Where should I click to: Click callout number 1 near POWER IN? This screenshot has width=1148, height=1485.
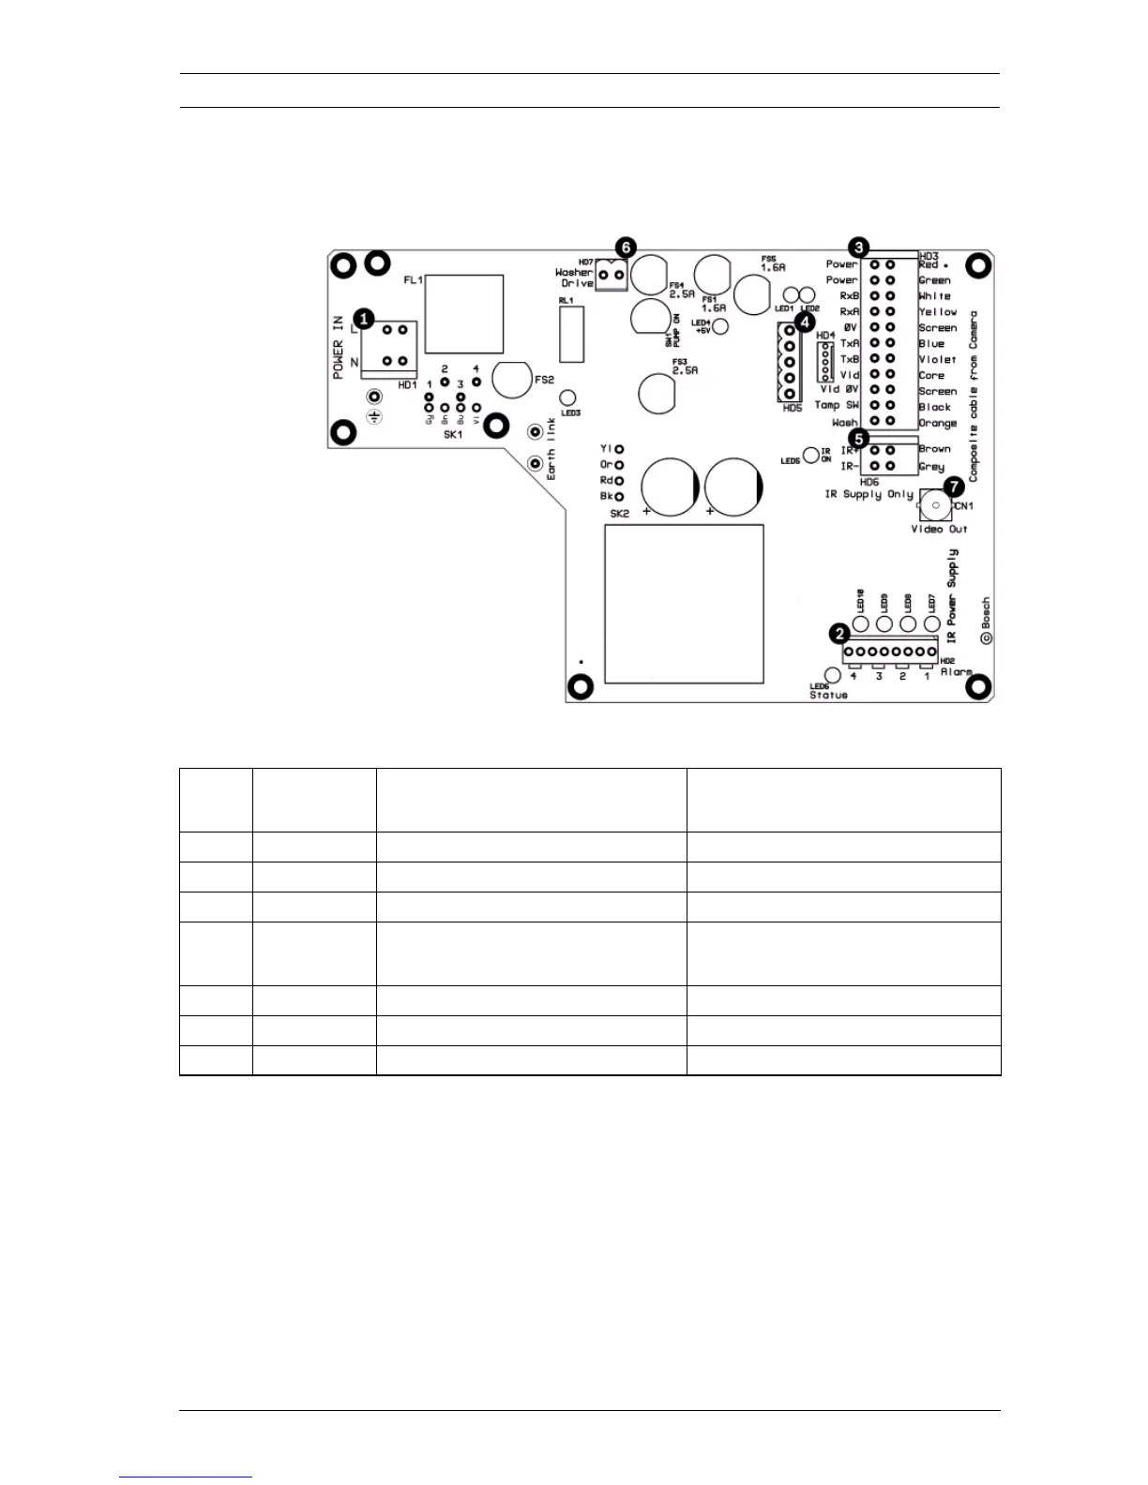coord(364,319)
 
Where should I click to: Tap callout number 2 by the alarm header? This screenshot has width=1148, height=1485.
coord(840,635)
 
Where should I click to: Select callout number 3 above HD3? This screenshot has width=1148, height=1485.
coord(858,248)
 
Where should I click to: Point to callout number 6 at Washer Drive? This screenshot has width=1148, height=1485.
coord(626,249)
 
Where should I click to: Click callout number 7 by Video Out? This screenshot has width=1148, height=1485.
coord(954,487)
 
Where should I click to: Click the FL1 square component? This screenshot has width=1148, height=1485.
coord(464,314)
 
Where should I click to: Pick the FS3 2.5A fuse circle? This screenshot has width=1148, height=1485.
coord(657,394)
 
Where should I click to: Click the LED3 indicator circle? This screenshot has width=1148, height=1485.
coord(567,397)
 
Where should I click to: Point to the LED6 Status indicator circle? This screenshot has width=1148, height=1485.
coord(831,675)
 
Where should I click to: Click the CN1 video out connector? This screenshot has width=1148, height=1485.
coord(934,506)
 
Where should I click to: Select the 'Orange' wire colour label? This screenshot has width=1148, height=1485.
coord(937,423)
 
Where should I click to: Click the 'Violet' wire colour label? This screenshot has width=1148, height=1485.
coord(937,359)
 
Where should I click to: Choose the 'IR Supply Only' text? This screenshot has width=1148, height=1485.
coord(869,494)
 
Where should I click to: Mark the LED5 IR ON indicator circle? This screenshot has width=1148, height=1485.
coord(811,456)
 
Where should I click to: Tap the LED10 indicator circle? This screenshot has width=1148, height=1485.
coord(860,624)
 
